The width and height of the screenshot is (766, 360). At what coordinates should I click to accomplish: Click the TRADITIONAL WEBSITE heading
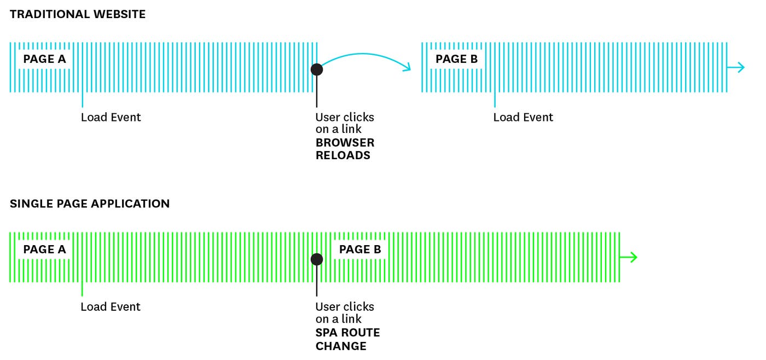[78, 15]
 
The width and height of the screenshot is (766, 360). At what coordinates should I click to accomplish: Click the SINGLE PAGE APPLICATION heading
[90, 204]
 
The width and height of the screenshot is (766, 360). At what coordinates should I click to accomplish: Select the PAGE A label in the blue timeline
[44, 59]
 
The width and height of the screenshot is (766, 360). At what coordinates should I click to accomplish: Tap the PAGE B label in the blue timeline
[456, 59]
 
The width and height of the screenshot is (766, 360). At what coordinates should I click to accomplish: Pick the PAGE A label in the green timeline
[44, 249]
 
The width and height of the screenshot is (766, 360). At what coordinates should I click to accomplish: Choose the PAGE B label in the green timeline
[360, 249]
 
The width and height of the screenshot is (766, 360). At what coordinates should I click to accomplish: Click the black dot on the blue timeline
[316, 69]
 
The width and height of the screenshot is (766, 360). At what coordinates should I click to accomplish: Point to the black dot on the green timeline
[316, 259]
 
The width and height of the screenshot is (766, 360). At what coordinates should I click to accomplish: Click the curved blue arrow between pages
[364, 56]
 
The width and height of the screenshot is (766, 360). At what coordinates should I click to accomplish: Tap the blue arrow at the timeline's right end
[736, 67]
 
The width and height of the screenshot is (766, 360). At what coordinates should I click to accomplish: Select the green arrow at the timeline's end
[629, 257]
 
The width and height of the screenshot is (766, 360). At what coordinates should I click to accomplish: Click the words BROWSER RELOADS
[345, 149]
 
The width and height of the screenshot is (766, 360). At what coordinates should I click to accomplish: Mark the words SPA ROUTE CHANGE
[347, 339]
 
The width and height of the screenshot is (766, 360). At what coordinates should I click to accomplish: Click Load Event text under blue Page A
[111, 117]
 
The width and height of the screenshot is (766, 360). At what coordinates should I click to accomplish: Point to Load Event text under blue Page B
[523, 117]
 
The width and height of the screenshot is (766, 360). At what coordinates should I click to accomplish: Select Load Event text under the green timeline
[111, 307]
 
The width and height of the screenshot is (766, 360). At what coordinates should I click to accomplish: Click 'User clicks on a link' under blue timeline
[345, 123]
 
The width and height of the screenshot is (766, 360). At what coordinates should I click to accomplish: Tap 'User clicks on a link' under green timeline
[345, 313]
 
